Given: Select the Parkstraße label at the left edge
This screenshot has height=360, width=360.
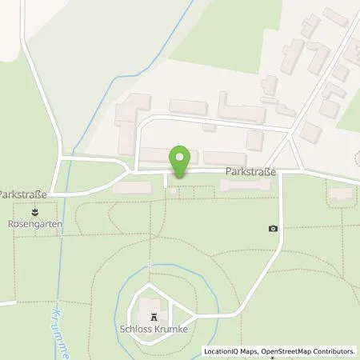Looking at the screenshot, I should (x=23, y=194).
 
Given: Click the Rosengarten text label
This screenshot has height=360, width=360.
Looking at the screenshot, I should (x=36, y=226).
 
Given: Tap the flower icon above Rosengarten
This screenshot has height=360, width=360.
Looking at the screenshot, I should (x=36, y=213).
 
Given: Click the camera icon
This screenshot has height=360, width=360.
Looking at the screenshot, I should (x=274, y=228).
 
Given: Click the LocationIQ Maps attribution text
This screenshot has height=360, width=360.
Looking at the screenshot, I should (x=231, y=351).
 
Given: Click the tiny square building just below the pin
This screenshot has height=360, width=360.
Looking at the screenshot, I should (x=174, y=191).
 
